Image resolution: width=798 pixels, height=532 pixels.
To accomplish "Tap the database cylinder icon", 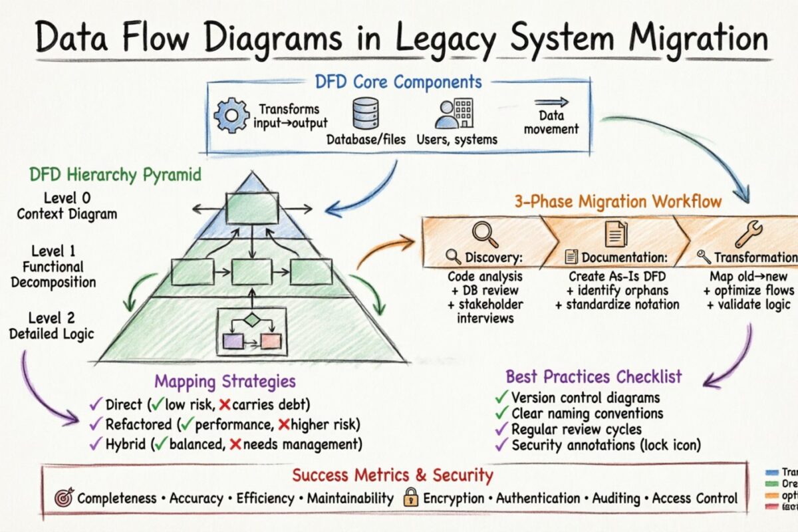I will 365,114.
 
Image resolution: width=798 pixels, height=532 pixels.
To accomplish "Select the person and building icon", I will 454,114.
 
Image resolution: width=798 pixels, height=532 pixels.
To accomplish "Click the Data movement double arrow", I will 551,102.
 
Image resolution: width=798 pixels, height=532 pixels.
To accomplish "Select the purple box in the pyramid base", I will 233,342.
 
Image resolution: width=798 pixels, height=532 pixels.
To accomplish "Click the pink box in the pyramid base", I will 271,342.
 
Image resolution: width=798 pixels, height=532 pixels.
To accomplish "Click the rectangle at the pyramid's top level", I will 251,207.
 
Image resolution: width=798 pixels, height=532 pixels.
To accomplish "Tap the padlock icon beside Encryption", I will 411,497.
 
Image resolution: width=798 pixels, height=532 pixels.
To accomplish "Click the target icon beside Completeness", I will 64,497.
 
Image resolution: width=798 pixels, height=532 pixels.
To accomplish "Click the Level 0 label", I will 66,198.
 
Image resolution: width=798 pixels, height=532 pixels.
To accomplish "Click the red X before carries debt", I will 225,404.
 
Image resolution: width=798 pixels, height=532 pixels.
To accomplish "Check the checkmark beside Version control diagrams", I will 501,398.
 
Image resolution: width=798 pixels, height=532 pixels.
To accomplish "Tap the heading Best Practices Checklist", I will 593,376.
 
